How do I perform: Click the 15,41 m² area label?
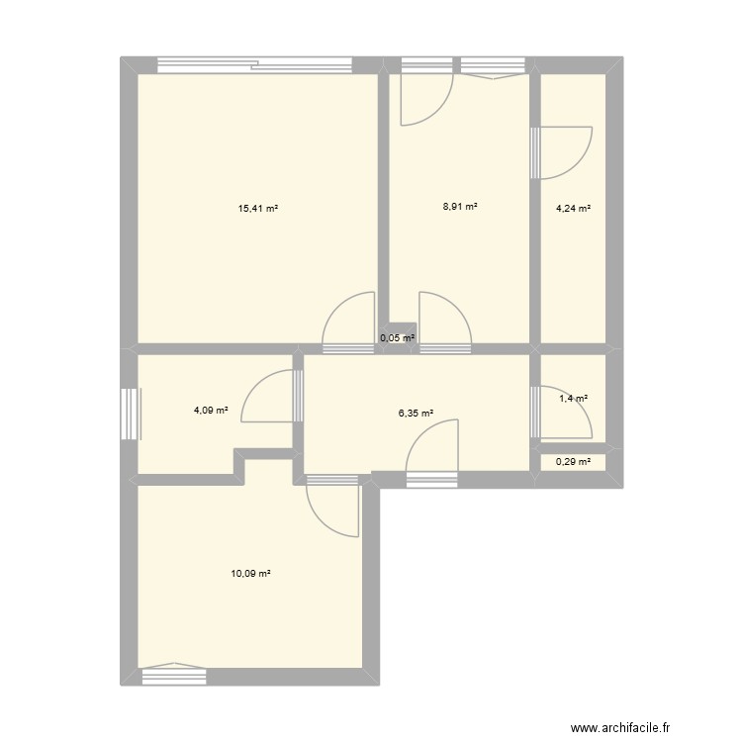[x=257, y=209]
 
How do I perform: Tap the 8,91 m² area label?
[x=460, y=208]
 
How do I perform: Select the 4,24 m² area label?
[x=573, y=209]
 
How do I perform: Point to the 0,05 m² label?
[x=397, y=338]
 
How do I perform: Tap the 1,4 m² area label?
[x=574, y=399]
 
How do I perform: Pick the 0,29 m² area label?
[x=573, y=461]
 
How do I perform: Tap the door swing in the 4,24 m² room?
[x=564, y=152]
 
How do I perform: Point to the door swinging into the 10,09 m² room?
[x=332, y=507]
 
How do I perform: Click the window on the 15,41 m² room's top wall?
[x=255, y=66]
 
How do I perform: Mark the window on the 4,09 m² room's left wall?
[x=129, y=413]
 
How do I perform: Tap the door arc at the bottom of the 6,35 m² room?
[x=433, y=451]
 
